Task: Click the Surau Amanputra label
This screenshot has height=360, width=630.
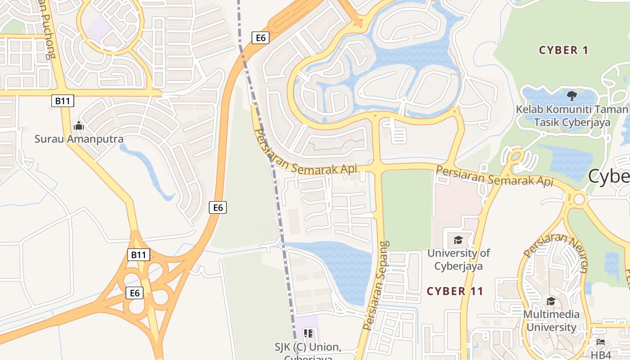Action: click(79, 139)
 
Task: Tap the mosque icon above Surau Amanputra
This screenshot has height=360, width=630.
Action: click(79, 126)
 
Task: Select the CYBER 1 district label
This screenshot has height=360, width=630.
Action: click(563, 50)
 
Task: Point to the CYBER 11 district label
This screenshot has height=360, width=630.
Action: click(455, 291)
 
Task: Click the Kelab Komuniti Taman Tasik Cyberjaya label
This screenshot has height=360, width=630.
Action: click(571, 116)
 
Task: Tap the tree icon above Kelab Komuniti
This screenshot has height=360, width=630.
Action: click(572, 95)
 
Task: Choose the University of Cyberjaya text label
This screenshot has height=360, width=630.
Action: click(459, 259)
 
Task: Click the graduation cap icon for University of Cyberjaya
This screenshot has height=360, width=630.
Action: click(458, 240)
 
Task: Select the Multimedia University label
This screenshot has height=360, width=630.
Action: click(551, 320)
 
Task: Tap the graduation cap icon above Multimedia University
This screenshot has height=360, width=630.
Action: click(551, 301)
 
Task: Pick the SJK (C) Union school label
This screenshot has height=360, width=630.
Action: click(308, 347)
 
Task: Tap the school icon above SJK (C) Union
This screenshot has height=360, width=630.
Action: click(308, 333)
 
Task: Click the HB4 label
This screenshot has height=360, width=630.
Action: click(601, 355)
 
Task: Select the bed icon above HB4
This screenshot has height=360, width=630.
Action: click(601, 342)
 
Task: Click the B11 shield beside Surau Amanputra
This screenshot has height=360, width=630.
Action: click(62, 101)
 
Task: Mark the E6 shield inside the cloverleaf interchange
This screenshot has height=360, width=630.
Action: click(135, 293)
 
